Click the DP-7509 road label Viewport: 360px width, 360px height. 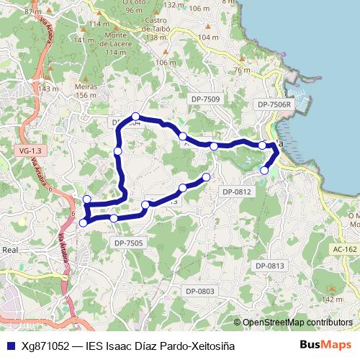[x=206, y=99]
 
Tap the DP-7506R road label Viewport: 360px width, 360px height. [x=274, y=104]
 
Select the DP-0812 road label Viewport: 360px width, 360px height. [x=237, y=192]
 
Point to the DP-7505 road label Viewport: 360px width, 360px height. [x=129, y=243]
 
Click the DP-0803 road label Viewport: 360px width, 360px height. [x=199, y=291]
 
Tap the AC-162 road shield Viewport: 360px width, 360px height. [x=345, y=249]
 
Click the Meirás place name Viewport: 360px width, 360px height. [x=86, y=90]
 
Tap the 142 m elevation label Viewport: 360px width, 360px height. [x=331, y=299]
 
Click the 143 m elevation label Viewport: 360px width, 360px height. [x=48, y=89]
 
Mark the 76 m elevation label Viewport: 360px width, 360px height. [x=242, y=70]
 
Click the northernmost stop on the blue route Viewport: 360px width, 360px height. [x=135, y=117]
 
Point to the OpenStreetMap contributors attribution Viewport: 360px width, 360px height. [x=297, y=322]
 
